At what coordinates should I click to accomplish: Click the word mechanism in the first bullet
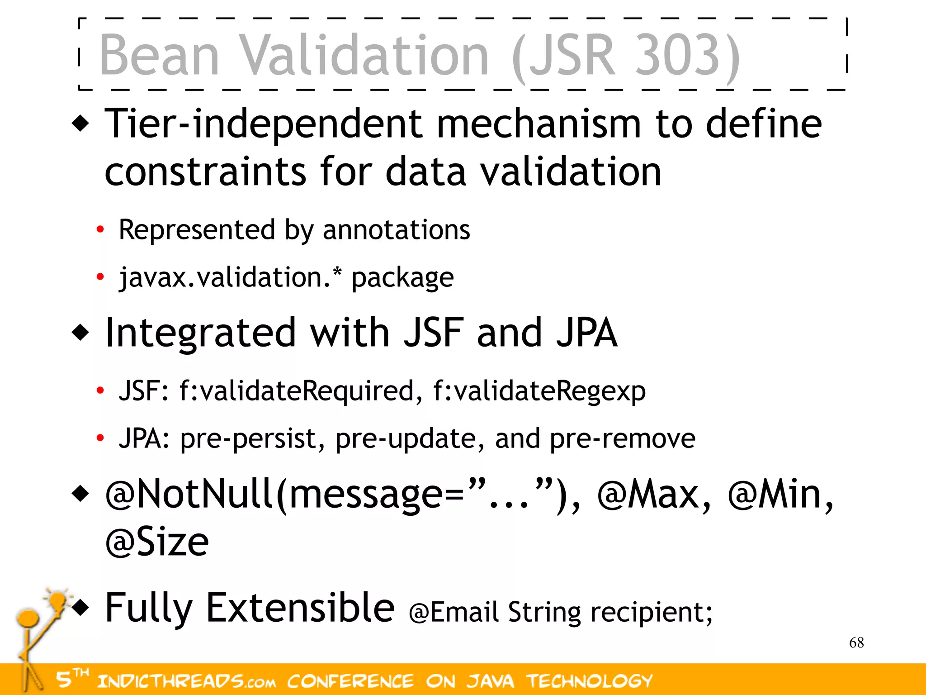539,124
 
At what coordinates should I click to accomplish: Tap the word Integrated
200,333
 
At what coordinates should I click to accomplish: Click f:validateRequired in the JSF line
297,390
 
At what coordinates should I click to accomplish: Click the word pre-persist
248,438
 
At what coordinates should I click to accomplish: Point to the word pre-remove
623,438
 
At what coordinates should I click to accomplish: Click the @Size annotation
157,542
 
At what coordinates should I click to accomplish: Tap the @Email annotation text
454,612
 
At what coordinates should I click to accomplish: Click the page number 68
856,643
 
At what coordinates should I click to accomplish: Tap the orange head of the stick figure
28,617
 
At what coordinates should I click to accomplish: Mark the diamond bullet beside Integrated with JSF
81,333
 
